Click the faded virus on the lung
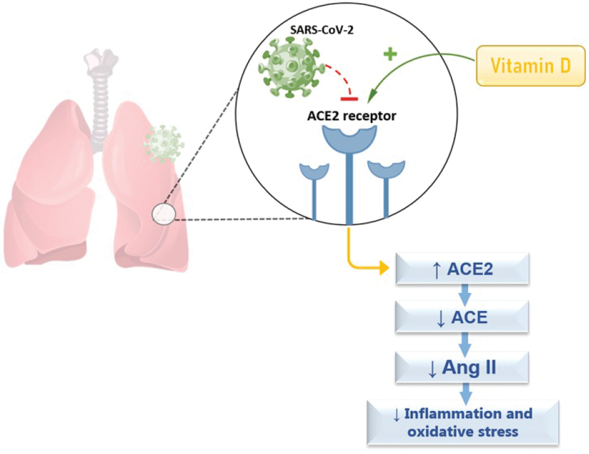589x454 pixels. [x=163, y=144]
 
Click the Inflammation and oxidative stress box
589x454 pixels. [x=463, y=423]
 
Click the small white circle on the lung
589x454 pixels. [x=164, y=213]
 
